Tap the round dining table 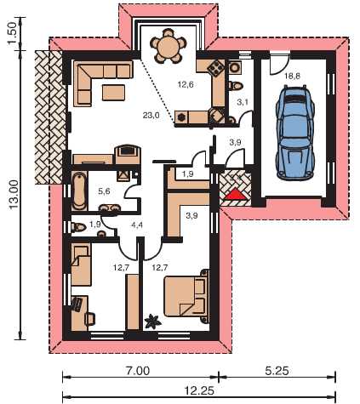[x=168, y=46]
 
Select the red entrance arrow [x=235, y=195]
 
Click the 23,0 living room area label [x=151, y=116]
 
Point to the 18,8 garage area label [x=292, y=76]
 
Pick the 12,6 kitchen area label [x=186, y=84]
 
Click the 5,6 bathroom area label [x=104, y=191]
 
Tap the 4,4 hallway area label [x=137, y=225]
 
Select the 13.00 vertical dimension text [x=14, y=195]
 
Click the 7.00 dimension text [x=138, y=371]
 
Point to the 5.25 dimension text [x=277, y=371]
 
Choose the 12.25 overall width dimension [x=199, y=391]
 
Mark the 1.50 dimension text [x=14, y=33]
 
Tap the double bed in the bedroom [x=186, y=296]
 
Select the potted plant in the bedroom [x=153, y=322]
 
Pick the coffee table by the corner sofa [x=113, y=93]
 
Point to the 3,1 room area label [x=243, y=102]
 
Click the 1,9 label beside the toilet [x=95, y=225]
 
